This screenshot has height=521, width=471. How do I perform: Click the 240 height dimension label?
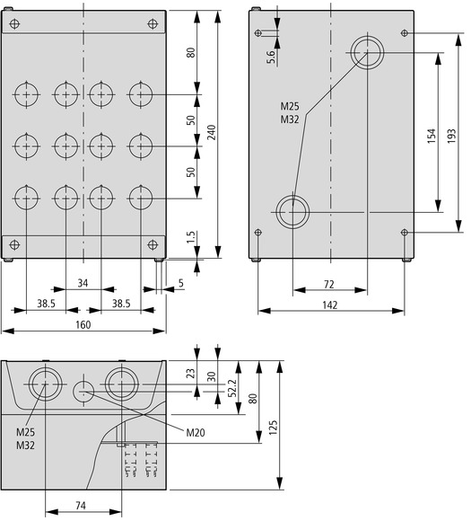click(x=212, y=132)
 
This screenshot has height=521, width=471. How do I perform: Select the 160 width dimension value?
click(x=83, y=324)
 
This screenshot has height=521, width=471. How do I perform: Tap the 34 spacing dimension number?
click(x=83, y=283)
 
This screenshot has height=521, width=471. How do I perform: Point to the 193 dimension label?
click(x=451, y=136)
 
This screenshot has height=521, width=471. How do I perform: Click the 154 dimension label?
click(x=431, y=136)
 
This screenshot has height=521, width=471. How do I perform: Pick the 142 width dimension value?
click(x=330, y=305)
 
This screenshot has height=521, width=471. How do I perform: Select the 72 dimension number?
click(x=328, y=285)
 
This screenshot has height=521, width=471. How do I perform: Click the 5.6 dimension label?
click(x=271, y=57)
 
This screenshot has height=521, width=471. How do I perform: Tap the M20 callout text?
click(x=196, y=433)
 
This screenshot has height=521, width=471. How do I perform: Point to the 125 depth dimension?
click(x=273, y=428)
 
